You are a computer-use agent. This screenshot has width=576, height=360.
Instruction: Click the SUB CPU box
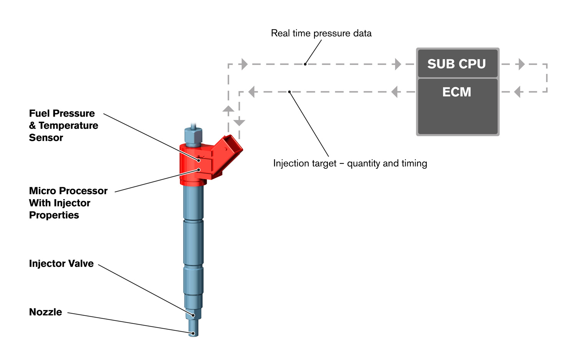(457, 64)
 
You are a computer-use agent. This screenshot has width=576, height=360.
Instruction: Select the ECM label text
(457, 92)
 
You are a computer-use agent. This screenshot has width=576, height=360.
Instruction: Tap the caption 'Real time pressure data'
(321, 33)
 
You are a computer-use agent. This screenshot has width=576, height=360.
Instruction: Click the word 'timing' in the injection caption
(414, 163)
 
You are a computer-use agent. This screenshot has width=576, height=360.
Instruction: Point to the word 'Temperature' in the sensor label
(68, 126)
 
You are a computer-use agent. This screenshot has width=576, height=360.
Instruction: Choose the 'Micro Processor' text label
(68, 191)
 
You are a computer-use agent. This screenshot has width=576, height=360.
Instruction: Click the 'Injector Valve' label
(61, 264)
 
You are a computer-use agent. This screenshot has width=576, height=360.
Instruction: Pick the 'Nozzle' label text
(46, 312)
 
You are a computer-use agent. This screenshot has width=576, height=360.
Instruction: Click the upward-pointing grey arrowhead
(228, 109)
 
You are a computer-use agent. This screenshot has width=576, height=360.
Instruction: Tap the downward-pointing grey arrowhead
(239, 122)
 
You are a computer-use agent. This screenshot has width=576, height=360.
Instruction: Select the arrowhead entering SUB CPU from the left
(398, 64)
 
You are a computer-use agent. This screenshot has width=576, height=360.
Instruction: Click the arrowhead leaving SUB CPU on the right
(521, 64)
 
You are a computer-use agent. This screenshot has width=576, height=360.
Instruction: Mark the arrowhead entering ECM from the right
(517, 92)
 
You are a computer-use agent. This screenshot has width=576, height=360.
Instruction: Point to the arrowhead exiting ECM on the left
(394, 92)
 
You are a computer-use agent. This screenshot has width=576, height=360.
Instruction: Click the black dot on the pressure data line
(305, 64)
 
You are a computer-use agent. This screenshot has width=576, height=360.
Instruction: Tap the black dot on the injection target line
(290, 92)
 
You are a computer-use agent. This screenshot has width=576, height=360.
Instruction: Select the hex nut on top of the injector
(193, 136)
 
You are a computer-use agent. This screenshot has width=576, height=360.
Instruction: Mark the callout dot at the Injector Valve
(193, 315)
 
